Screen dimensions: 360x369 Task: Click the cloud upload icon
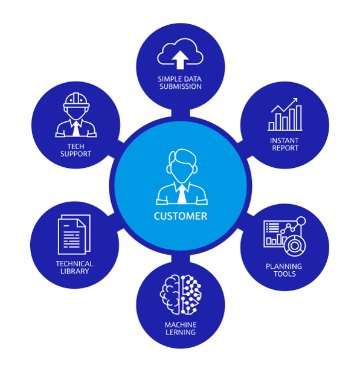pos(180,54)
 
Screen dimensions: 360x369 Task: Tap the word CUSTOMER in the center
pos(181,216)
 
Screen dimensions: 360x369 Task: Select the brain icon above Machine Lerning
pos(181,294)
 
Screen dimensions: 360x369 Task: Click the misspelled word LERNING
pos(181,332)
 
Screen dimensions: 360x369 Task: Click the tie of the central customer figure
pos(182,194)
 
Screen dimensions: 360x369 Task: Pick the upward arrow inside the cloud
pos(180,60)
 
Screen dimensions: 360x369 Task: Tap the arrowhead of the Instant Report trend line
pos(295,100)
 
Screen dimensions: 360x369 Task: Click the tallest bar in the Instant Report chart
pos(298,118)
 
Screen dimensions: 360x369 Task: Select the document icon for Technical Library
pos(74,234)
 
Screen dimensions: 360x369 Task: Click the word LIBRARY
pos(74,271)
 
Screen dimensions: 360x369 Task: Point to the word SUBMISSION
pos(181,86)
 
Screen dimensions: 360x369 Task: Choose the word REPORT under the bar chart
pos(285,148)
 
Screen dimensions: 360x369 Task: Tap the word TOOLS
pos(284,274)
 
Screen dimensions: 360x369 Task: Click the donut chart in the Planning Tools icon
pos(295,245)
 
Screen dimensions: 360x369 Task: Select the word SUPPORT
pos(76,154)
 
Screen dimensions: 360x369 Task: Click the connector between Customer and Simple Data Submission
pos(181,113)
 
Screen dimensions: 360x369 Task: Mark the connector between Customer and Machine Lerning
pos(181,258)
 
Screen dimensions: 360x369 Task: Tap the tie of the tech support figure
pos(76,129)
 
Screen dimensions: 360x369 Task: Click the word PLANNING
pos(284,266)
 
